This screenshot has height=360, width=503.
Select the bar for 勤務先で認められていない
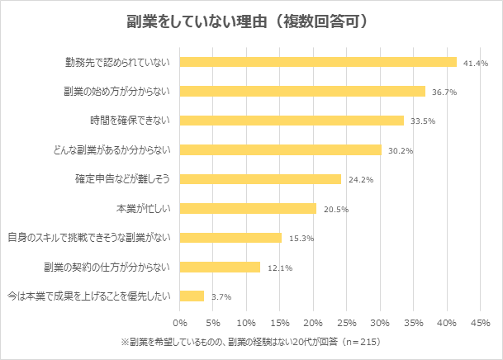[x=318, y=62]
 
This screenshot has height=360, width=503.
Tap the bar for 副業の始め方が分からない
[x=302, y=92]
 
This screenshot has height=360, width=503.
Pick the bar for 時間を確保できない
[x=292, y=121]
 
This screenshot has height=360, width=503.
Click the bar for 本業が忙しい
[x=248, y=208]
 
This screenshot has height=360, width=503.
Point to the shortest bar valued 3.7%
[x=192, y=296]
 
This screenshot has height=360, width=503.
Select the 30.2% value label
[x=400, y=151]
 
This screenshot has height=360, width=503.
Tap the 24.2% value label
[x=360, y=180]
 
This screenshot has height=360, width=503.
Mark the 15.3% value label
[x=301, y=239]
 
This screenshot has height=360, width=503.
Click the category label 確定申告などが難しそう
[x=122, y=179]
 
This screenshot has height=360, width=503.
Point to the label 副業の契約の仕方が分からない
[x=107, y=267]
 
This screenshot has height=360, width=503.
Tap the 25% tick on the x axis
[x=347, y=323]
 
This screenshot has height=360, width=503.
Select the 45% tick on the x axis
[x=480, y=323]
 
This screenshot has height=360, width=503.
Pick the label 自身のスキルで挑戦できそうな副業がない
[x=88, y=238]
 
